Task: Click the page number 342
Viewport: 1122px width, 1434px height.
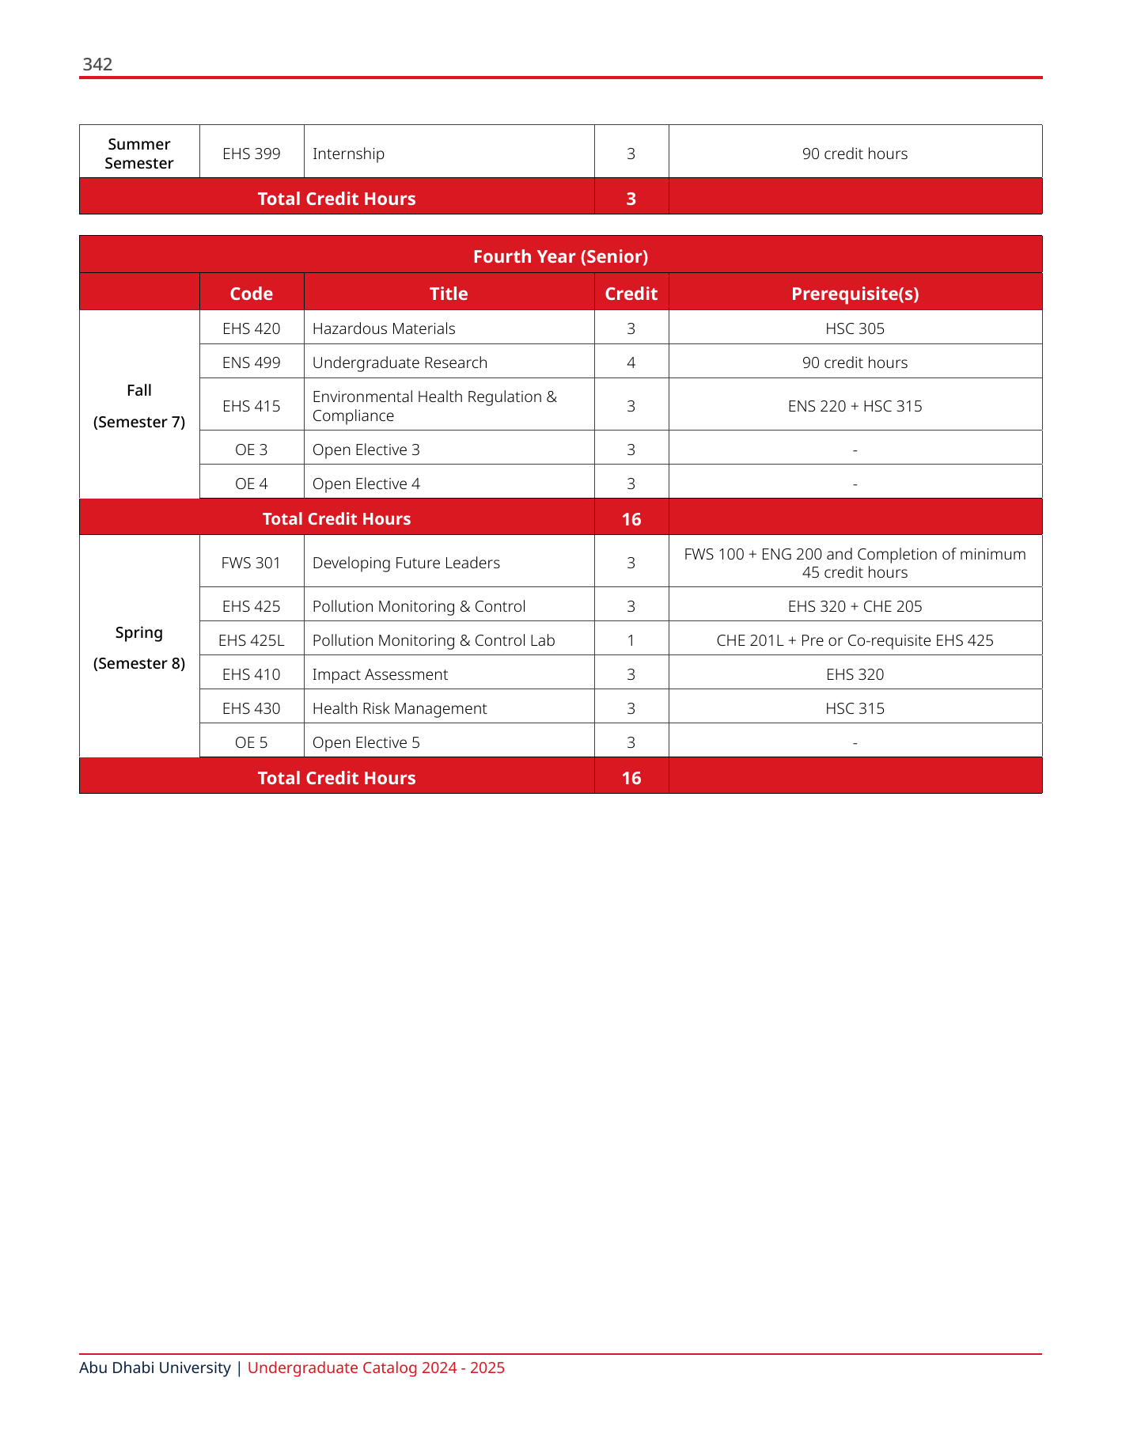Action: tap(97, 65)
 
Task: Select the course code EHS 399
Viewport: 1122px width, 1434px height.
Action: tap(252, 154)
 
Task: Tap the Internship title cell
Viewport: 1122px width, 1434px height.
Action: tap(348, 154)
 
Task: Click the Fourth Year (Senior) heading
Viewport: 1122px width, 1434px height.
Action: tap(560, 256)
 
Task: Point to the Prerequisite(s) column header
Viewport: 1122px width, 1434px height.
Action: tap(855, 294)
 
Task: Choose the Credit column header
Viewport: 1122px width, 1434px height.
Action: tap(631, 294)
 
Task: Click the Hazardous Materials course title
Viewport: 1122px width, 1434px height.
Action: tap(384, 328)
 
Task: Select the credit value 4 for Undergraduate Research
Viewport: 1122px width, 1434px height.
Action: tap(631, 362)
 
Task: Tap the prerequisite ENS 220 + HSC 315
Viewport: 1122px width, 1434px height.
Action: tap(855, 406)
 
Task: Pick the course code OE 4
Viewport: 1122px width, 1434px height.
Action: tap(252, 484)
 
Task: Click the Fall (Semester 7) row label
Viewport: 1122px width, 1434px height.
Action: tap(139, 406)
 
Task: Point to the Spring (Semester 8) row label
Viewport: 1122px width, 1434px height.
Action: tap(139, 647)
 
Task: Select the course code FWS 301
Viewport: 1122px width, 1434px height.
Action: tap(252, 563)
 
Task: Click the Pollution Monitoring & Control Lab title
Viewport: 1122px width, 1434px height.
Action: tap(434, 640)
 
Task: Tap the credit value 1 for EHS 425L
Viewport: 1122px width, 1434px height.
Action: tap(631, 640)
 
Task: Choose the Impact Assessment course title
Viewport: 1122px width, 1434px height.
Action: tap(380, 674)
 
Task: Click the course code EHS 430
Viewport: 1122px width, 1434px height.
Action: tap(252, 708)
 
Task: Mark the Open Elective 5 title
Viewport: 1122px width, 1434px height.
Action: tap(366, 742)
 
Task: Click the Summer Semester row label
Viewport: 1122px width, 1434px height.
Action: tap(139, 154)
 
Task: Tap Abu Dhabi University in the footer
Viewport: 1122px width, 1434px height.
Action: tap(155, 1368)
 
